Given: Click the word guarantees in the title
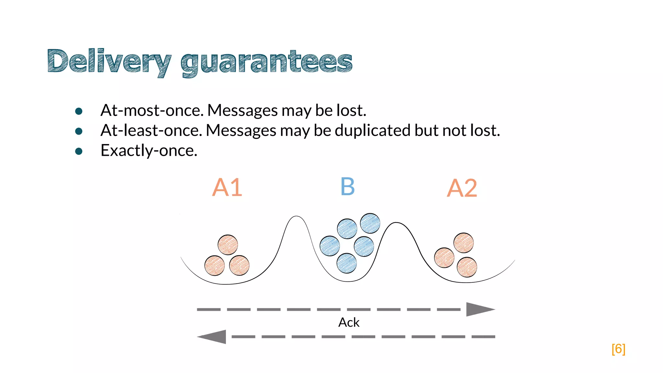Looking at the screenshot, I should (266, 62).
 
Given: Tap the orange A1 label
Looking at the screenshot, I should (227, 187).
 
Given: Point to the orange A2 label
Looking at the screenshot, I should (462, 188).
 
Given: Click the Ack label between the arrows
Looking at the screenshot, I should (349, 322).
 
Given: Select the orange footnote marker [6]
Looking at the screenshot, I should (618, 349).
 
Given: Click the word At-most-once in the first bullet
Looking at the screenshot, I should (152, 110).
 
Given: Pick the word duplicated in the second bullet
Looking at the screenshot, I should (373, 130).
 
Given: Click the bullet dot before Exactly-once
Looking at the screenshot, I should (79, 151).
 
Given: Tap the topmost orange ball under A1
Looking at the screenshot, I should (228, 245).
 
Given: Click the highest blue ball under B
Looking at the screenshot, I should (370, 223).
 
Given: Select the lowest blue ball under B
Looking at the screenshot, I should (347, 263).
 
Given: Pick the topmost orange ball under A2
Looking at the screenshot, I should (464, 243).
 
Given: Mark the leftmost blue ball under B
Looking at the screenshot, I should (330, 246).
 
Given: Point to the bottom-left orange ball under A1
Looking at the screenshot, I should (215, 266).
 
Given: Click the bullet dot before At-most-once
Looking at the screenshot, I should (79, 111).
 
